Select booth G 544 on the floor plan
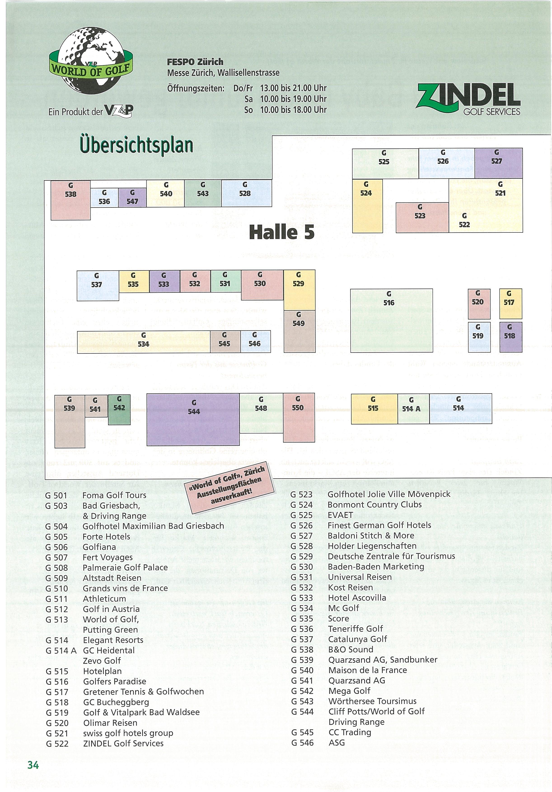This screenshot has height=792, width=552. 193,419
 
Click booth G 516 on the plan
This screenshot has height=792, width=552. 391,320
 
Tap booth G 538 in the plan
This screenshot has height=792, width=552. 71,200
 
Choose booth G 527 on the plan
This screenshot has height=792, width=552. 498,163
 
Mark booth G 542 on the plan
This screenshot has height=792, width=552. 119,410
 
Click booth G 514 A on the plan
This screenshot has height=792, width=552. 413,409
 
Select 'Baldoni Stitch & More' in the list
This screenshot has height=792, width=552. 371,535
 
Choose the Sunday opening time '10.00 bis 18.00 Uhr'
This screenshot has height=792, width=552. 293,110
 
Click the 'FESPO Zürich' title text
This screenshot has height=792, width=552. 195,62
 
